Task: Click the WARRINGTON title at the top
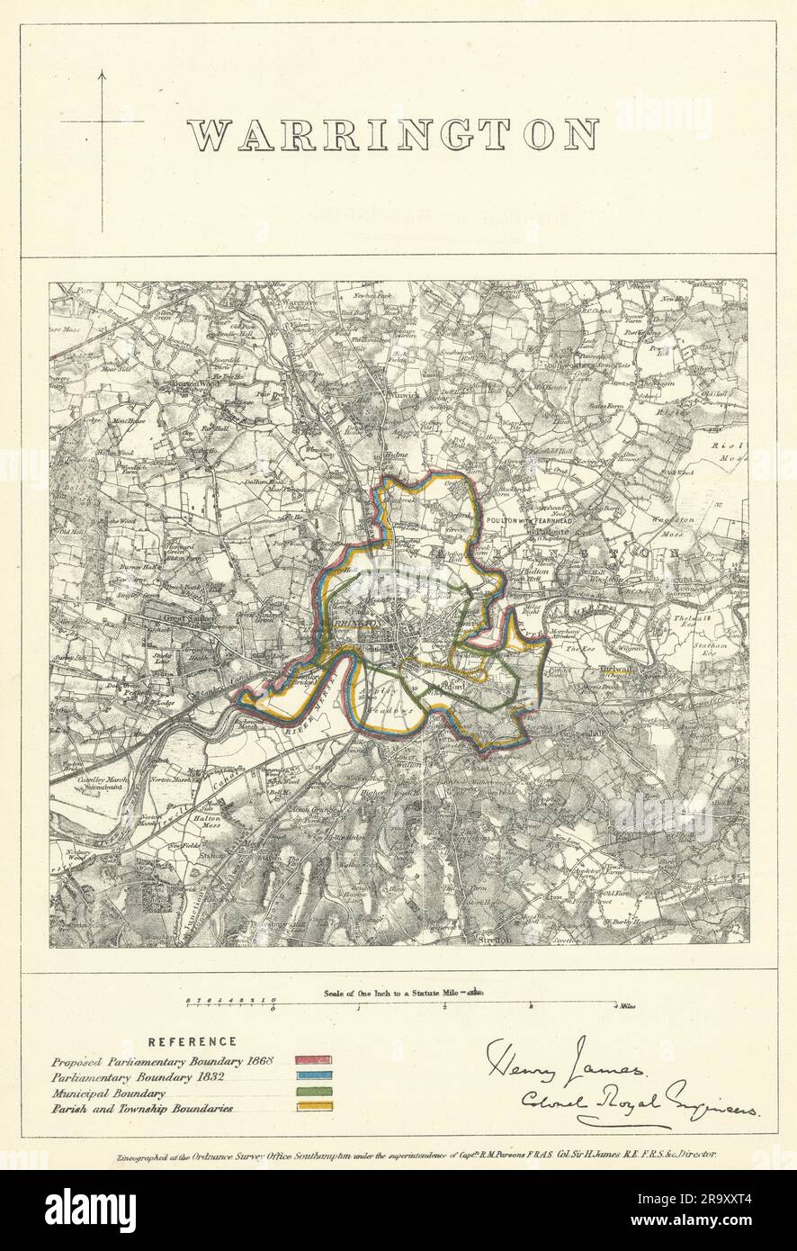[393, 136]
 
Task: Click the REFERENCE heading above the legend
[193, 1041]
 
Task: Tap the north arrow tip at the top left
[102, 70]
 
